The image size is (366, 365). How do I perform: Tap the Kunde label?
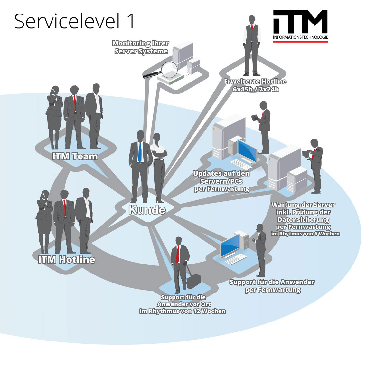click(x=147, y=210)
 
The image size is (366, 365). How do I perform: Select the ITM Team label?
click(x=75, y=157)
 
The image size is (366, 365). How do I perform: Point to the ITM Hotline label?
click(x=67, y=260)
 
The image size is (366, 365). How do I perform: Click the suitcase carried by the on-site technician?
click(x=193, y=281)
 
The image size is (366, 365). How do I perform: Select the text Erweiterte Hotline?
click(x=255, y=82)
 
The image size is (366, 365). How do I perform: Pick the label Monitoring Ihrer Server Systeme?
click(x=141, y=47)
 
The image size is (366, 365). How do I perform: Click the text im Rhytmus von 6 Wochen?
click(x=305, y=234)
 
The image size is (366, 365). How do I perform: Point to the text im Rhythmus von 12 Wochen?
click(x=182, y=311)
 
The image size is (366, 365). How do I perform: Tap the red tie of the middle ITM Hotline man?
click(x=65, y=208)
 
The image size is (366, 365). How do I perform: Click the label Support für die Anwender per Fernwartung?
click(x=272, y=286)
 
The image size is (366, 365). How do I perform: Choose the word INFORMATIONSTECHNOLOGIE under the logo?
click(x=300, y=38)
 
